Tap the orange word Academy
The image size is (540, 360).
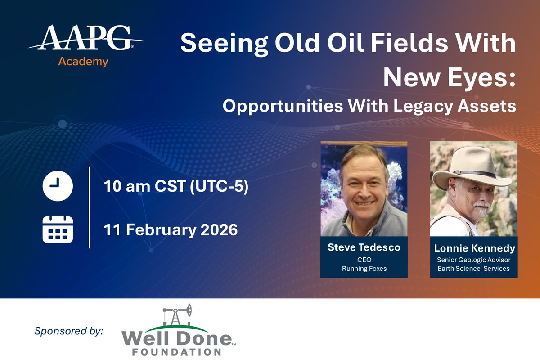(83, 62)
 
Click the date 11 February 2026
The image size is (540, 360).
(171, 230)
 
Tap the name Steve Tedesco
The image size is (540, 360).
(364, 247)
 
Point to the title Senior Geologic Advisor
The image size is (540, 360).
(473, 260)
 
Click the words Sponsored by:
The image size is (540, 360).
(69, 331)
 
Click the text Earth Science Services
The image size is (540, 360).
(473, 268)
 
